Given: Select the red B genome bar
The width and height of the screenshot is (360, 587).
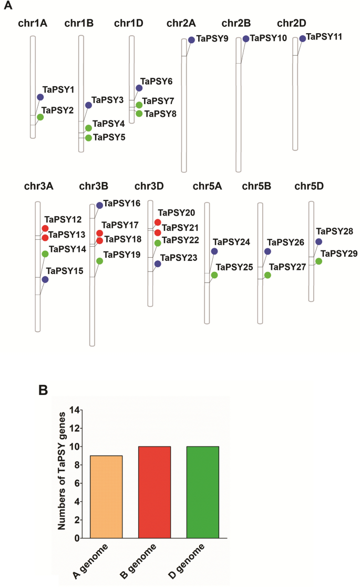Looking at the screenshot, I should point(155,492).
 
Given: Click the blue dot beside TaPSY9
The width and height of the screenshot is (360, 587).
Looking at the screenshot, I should point(191,40).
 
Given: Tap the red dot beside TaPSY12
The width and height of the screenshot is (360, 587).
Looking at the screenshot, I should point(45,228).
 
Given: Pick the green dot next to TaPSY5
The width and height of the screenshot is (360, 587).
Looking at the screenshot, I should point(88,138).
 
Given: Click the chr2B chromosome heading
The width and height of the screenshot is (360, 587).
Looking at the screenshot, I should point(236,23).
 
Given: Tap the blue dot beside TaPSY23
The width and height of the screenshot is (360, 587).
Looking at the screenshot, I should point(158,264).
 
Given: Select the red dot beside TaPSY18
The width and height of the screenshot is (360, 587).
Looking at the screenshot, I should point(99,241).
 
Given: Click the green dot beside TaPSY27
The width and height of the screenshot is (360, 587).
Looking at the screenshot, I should point(268,275).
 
